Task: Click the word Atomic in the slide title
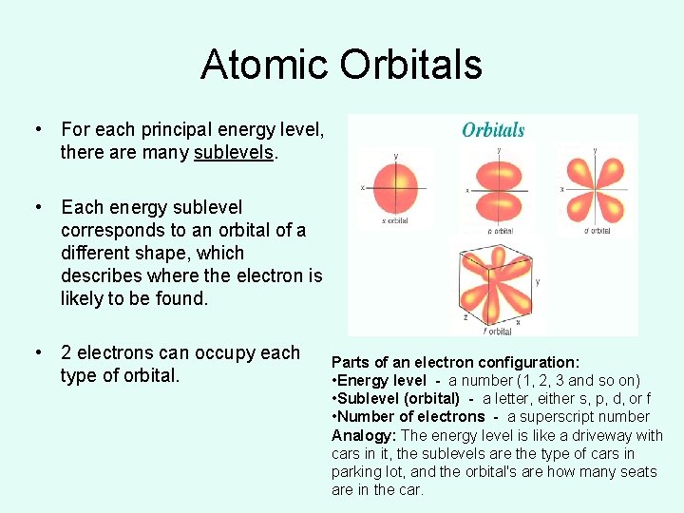pyautogui.click(x=264, y=65)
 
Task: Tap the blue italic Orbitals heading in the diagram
pyautogui.click(x=493, y=130)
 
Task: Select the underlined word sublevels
pyautogui.click(x=236, y=152)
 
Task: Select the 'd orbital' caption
pyautogui.click(x=596, y=230)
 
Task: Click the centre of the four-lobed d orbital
pyautogui.click(x=595, y=187)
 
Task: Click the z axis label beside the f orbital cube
pyautogui.click(x=465, y=319)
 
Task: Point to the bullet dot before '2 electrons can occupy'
pyautogui.click(x=37, y=353)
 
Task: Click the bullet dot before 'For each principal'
pyautogui.click(x=37, y=129)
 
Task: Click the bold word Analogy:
pyautogui.click(x=364, y=435)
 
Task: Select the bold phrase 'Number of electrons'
pyautogui.click(x=410, y=416)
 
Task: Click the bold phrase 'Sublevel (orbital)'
pyautogui.click(x=399, y=398)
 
